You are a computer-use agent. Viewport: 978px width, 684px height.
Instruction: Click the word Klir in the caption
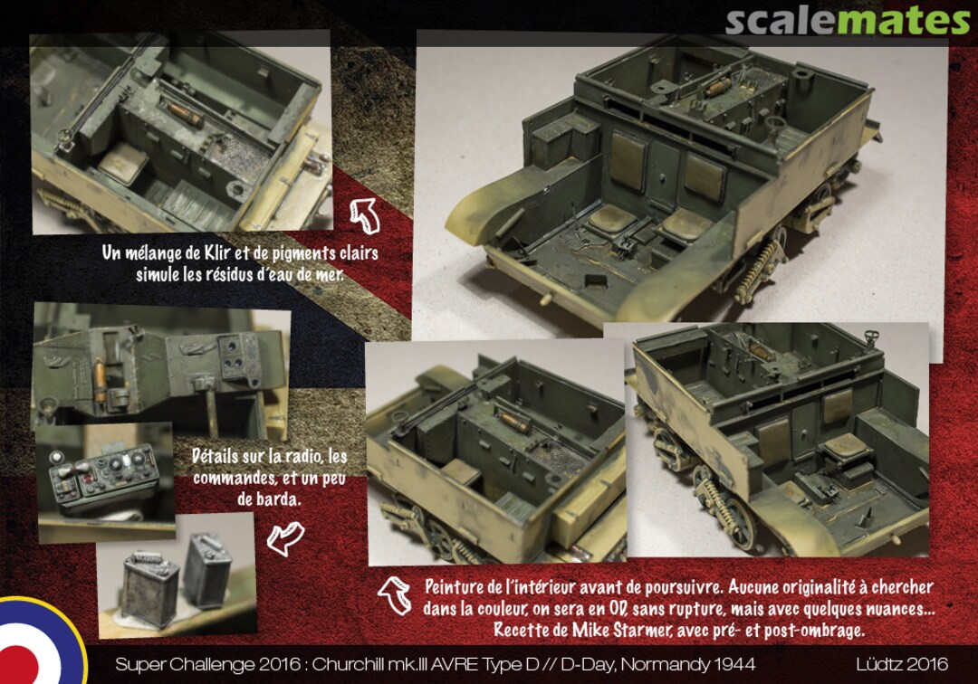click(217, 252)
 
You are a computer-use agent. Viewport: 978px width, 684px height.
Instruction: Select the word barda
click(278, 499)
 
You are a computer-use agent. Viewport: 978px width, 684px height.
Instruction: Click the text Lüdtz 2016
click(902, 664)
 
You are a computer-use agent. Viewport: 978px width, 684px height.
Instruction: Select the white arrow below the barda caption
click(285, 537)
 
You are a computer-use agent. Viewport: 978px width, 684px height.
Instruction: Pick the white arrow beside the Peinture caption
click(396, 594)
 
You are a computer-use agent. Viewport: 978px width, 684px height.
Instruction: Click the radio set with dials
click(104, 477)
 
